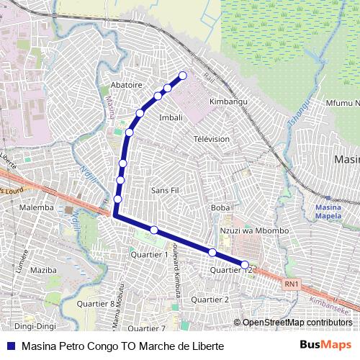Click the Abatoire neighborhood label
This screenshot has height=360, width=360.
pyautogui.click(x=126, y=84)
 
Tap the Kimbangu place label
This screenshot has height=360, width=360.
pyautogui.click(x=228, y=102)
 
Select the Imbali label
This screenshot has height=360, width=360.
pyautogui.click(x=171, y=117)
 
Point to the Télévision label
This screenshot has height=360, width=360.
pyautogui.click(x=212, y=139)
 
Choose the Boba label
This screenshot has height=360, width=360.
pyautogui.click(x=220, y=208)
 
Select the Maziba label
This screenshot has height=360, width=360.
pyautogui.click(x=43, y=271)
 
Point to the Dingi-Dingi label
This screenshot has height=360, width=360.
pyautogui.click(x=35, y=326)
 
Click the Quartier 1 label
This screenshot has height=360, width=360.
pyautogui.click(x=149, y=254)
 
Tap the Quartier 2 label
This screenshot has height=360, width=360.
pyautogui.click(x=210, y=300)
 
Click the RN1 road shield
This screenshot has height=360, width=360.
pyautogui.click(x=291, y=284)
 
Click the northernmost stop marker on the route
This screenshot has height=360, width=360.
pyautogui.click(x=183, y=75)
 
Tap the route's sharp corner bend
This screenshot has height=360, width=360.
pyautogui.click(x=114, y=215)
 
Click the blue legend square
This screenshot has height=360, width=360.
pyautogui.click(x=11, y=346)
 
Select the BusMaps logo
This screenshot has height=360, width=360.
pyautogui.click(x=325, y=346)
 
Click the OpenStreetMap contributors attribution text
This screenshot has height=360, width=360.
pyautogui.click(x=297, y=323)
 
